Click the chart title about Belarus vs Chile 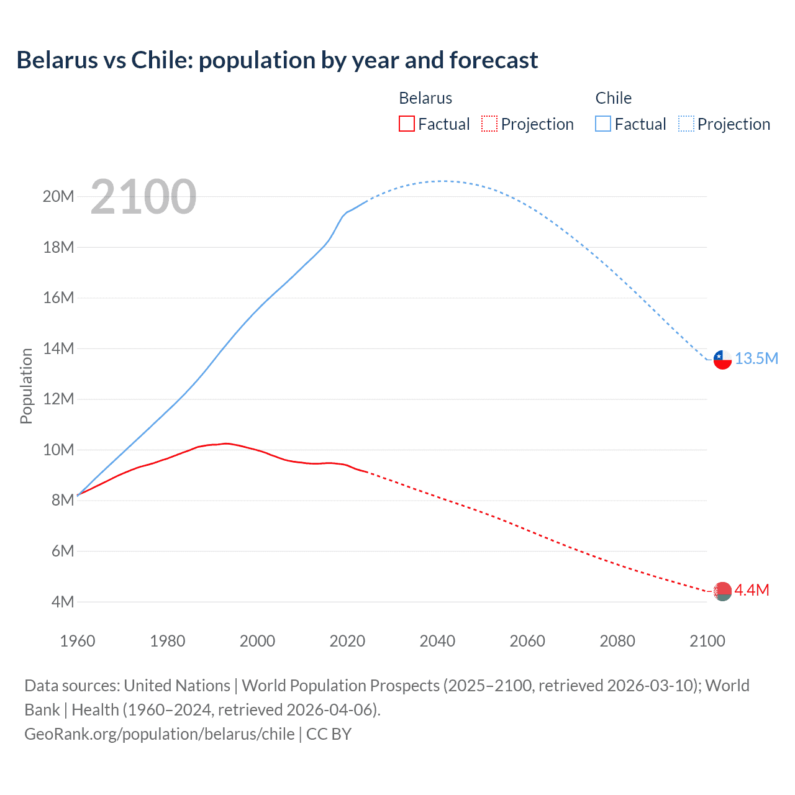coord(277,60)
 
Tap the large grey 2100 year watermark coord(143,197)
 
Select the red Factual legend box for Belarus coord(407,124)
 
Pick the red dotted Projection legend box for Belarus coord(489,124)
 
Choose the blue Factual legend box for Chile coord(603,124)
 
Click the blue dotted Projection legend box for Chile coord(686,124)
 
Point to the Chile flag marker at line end coord(722,359)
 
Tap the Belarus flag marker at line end coord(722,591)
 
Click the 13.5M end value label coord(756,359)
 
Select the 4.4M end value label coord(752,590)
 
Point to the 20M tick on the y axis coord(58,197)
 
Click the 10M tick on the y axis coord(58,450)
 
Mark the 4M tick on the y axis coord(62,602)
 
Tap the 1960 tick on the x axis coord(78,641)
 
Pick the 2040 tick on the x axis coord(437,641)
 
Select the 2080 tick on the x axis coord(617,641)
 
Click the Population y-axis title coord(26,386)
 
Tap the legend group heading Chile coord(613,98)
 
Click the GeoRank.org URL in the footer coord(160,734)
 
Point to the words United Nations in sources coord(177,686)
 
